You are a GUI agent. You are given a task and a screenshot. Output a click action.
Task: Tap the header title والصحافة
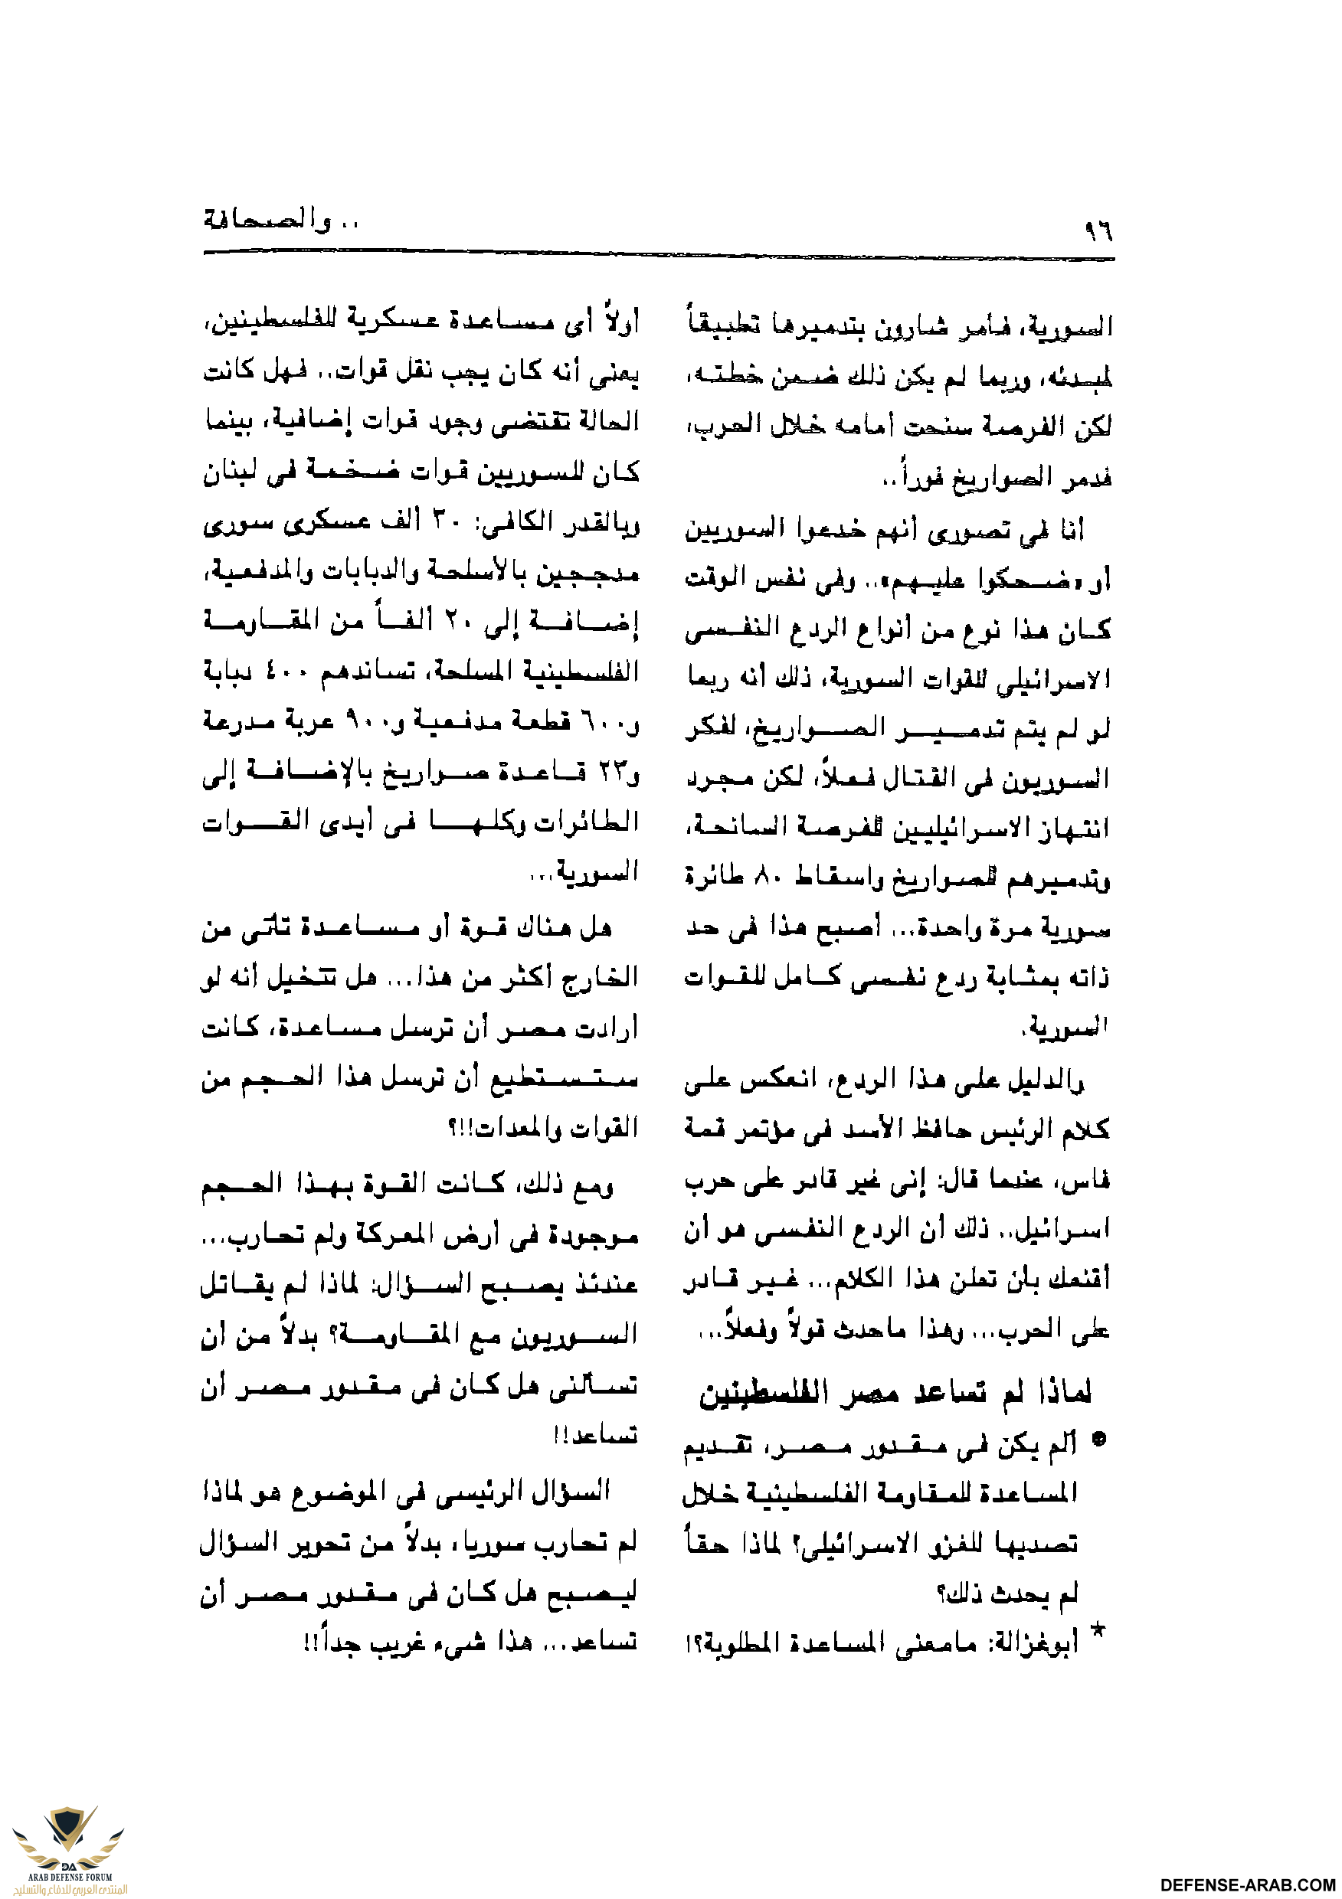tap(265, 221)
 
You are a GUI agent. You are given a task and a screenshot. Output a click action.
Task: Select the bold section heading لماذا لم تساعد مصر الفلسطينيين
tap(895, 1393)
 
